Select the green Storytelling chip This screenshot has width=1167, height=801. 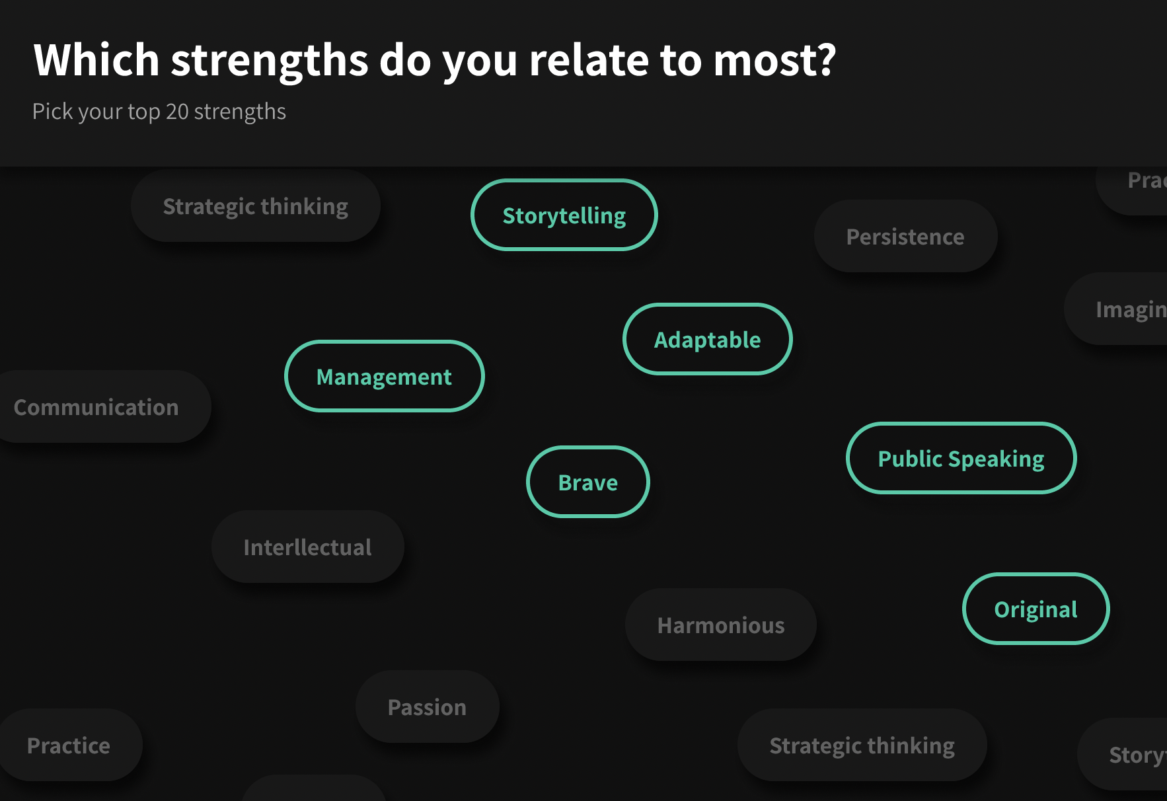564,215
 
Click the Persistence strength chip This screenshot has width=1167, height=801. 905,237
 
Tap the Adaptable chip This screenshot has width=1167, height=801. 707,340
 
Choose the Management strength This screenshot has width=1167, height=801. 384,377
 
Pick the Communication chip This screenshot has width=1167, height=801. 96,407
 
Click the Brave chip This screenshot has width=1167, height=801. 587,482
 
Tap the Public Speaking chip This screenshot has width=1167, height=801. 961,459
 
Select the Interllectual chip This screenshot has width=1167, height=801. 307,547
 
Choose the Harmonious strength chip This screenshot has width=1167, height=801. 721,625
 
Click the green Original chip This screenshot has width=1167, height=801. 1035,609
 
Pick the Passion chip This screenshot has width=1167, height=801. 427,707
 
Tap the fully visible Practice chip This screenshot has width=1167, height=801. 69,745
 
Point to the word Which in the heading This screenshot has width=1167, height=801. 96,60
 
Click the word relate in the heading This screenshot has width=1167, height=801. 588,60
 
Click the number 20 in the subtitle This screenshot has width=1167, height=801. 177,112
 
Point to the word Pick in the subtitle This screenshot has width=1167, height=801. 52,112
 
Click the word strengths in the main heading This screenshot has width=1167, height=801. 270,60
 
